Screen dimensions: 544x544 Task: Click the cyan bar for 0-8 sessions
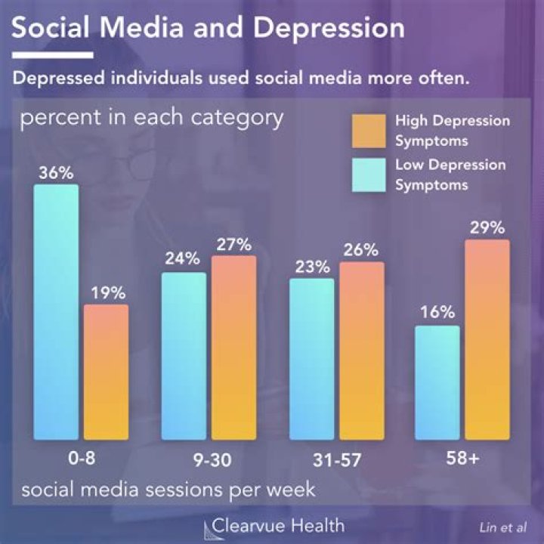point(57,311)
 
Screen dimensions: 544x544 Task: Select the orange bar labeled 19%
point(106,372)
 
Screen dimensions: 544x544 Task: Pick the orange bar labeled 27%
point(233,348)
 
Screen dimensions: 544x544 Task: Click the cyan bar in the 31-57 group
point(311,359)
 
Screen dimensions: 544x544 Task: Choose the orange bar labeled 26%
point(361,351)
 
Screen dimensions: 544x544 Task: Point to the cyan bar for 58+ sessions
point(437,382)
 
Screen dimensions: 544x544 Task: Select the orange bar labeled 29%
point(487,339)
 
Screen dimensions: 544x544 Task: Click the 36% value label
point(57,172)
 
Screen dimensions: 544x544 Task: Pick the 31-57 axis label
point(336,459)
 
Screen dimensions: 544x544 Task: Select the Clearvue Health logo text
point(278,525)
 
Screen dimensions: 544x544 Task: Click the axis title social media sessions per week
point(168,490)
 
